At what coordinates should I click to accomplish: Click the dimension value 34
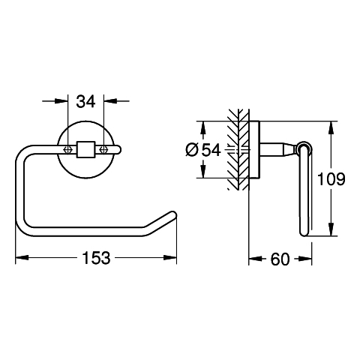(x=85, y=102)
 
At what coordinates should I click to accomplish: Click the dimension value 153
(x=96, y=258)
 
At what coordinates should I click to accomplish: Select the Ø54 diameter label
(x=203, y=150)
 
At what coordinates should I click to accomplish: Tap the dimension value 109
(x=331, y=179)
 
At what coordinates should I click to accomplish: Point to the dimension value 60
(x=280, y=259)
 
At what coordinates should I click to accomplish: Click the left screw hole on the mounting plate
(x=67, y=149)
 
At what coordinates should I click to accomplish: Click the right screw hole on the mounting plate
(x=103, y=149)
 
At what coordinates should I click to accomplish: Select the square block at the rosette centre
(x=85, y=149)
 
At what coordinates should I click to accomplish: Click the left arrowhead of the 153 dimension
(x=22, y=257)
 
